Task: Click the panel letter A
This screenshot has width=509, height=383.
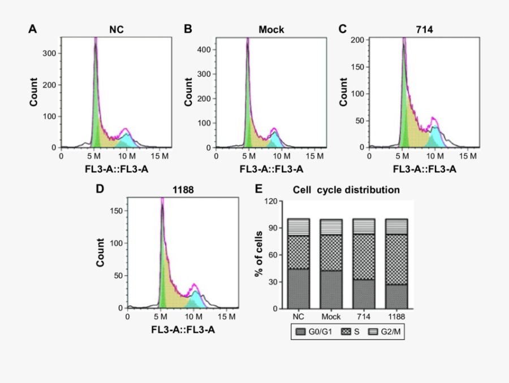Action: point(33,29)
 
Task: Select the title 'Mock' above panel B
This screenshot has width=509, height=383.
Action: point(271,29)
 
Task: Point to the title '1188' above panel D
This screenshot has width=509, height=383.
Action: point(183,190)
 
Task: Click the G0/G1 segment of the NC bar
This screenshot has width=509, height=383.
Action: point(298,288)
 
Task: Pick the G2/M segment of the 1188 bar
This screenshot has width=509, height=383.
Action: point(396,227)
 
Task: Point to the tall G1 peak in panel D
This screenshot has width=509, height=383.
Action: point(162,254)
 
